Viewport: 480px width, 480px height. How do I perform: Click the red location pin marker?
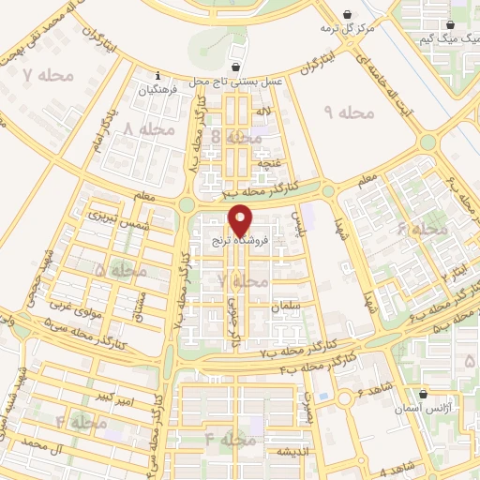pos(240,221)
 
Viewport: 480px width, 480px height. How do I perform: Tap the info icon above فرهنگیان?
pos(157,75)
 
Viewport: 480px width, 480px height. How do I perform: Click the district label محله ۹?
pos(349,112)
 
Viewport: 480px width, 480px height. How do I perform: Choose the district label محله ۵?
pos(122,270)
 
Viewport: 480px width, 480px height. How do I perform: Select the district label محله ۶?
pos(422,228)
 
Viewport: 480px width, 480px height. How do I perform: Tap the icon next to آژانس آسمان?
pos(425,394)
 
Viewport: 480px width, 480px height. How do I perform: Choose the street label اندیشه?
pos(292,452)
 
